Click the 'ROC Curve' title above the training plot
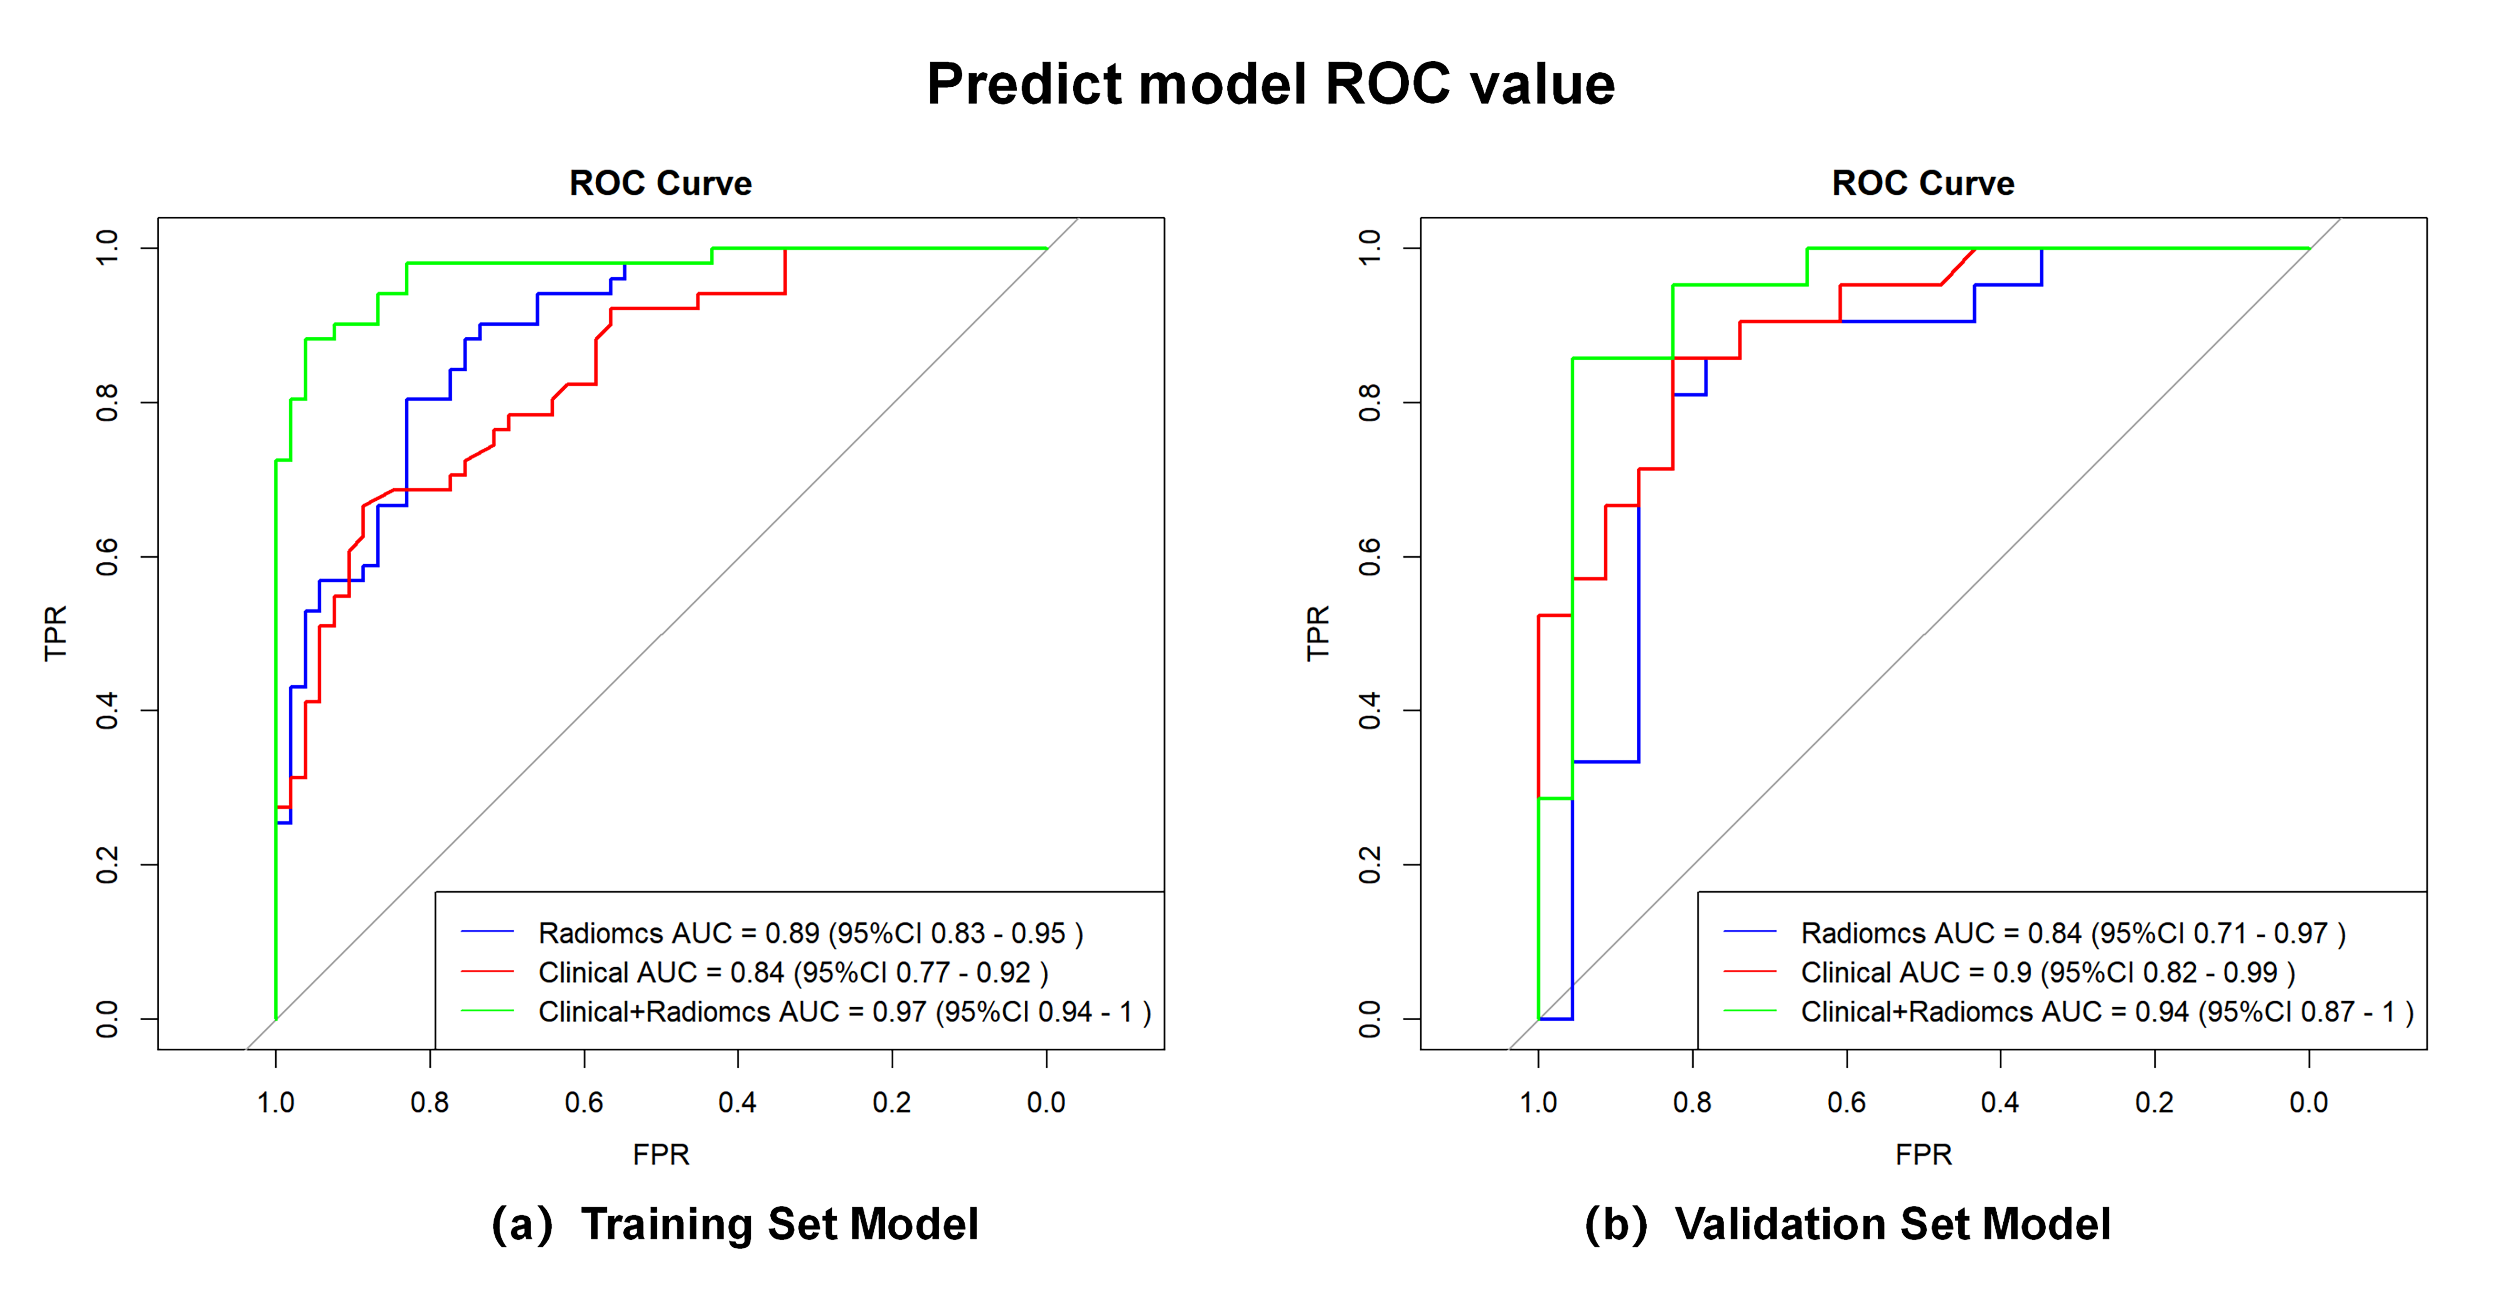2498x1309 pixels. [x=660, y=183]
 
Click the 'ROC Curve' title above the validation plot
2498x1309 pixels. [x=1923, y=183]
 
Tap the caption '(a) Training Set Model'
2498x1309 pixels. [x=735, y=1224]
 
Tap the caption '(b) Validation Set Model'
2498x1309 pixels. [x=1847, y=1224]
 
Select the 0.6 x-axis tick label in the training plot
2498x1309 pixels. [x=584, y=1102]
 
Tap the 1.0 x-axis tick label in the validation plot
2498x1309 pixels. [x=1538, y=1102]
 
